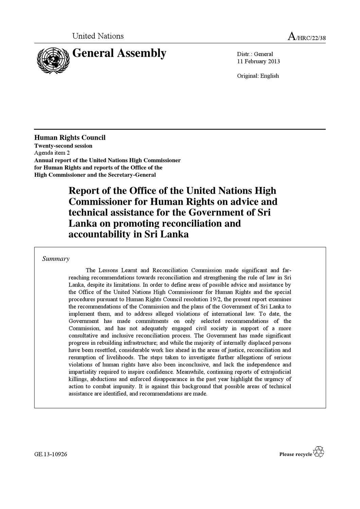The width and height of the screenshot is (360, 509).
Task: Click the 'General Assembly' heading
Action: pyautogui.click(x=119, y=54)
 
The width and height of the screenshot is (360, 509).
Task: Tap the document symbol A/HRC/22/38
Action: pyautogui.click(x=306, y=37)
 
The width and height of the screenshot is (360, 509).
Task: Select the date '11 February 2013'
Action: pyautogui.click(x=258, y=61)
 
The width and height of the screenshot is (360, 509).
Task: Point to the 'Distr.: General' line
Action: pyautogui.click(x=255, y=54)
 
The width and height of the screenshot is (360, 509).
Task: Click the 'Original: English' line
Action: pyautogui.click(x=258, y=76)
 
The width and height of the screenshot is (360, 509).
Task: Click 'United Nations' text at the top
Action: pyautogui.click(x=98, y=36)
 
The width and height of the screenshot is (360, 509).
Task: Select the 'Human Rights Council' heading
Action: pyautogui.click(x=70, y=137)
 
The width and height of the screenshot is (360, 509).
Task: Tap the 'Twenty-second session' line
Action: pyautogui.click(x=63, y=146)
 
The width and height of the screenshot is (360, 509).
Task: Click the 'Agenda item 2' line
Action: pyautogui.click(x=52, y=153)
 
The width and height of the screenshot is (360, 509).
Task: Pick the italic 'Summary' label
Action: pyautogui.click(x=56, y=259)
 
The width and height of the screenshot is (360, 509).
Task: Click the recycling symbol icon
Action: pyautogui.click(x=319, y=452)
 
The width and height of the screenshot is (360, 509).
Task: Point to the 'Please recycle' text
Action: pyautogui.click(x=295, y=454)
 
